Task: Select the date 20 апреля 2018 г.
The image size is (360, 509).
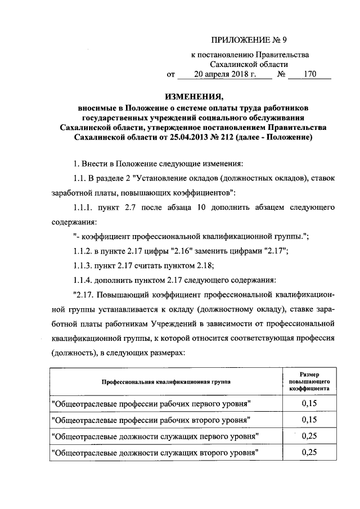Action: (224, 73)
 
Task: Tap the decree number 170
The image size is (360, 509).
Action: (309, 73)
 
